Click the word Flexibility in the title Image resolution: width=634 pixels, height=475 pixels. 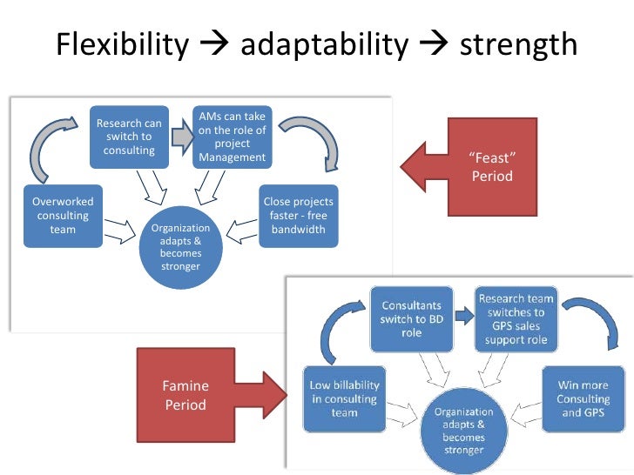122,44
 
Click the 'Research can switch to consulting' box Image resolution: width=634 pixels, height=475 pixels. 129,137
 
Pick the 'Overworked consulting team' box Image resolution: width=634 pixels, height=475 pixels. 63,216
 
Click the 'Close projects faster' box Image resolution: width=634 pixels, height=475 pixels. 298,216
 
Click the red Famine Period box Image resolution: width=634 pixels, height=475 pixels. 185,394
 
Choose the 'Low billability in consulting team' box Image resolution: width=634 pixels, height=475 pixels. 344,398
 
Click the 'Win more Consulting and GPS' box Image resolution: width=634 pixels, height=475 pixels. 583,398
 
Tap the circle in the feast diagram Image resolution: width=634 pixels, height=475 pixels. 180,246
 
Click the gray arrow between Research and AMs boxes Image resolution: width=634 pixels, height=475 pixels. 181,137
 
